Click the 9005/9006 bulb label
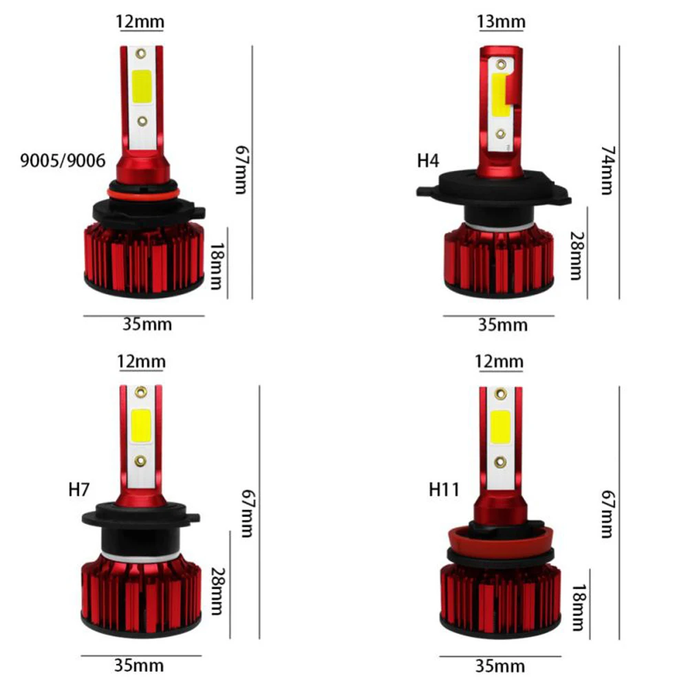tap(63, 162)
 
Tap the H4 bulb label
tap(427, 161)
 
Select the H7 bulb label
tap(78, 490)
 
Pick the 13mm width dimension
tap(501, 21)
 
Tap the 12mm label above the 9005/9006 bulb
tap(140, 21)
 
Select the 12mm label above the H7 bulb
tap(142, 361)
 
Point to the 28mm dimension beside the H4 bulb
tap(577, 255)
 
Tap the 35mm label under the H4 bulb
tap(503, 325)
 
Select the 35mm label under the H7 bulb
tap(139, 665)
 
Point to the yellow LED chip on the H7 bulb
tap(141, 426)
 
